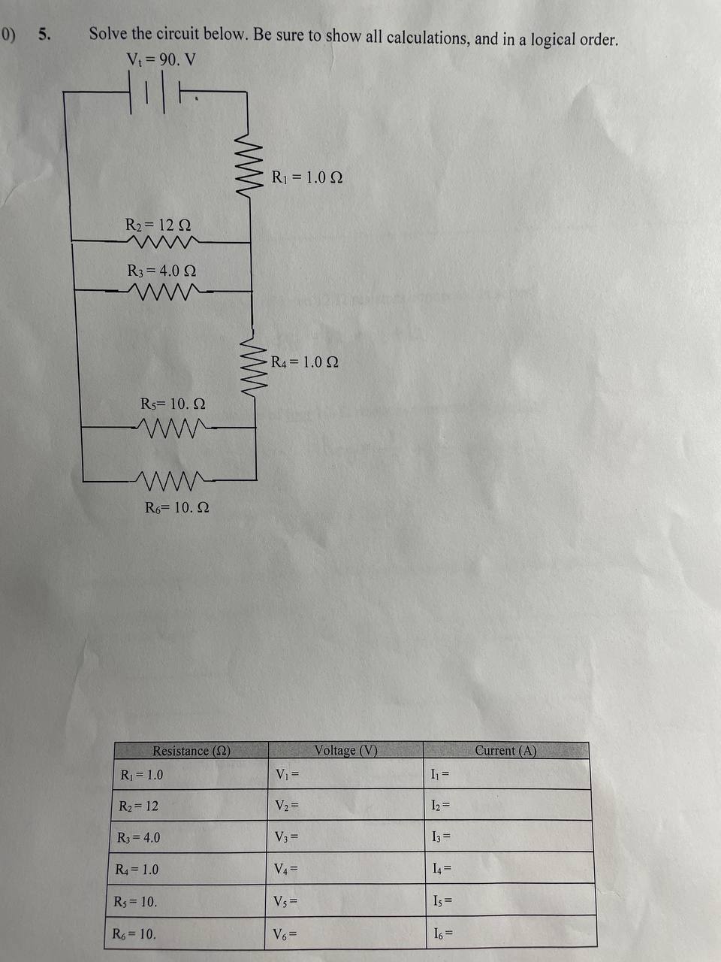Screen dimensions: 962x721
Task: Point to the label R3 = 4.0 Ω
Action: click(x=161, y=271)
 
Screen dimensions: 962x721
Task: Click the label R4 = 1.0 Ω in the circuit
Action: click(x=304, y=362)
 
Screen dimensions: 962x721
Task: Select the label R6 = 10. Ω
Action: click(x=176, y=507)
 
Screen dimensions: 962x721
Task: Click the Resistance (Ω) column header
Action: click(x=191, y=750)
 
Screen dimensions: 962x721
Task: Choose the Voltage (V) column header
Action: click(x=345, y=750)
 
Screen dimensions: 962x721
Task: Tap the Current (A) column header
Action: click(x=505, y=750)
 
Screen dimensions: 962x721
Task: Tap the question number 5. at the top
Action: click(x=45, y=34)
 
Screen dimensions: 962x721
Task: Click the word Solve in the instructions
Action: click(x=109, y=34)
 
